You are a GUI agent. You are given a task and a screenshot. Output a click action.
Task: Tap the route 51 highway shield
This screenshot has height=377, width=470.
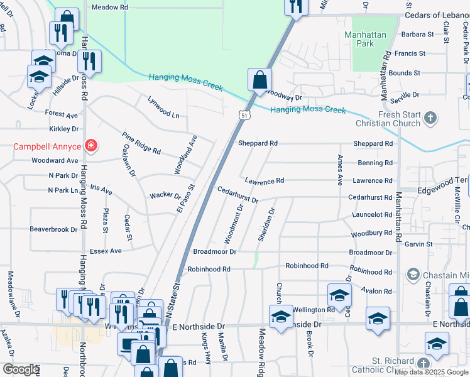click(x=244, y=114)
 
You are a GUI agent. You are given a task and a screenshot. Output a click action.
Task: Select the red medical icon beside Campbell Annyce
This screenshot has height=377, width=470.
click(x=91, y=146)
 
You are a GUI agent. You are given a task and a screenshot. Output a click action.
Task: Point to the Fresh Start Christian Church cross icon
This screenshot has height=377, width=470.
click(x=430, y=117)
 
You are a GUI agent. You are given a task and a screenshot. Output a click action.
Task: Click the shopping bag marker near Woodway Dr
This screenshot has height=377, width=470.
click(x=260, y=80)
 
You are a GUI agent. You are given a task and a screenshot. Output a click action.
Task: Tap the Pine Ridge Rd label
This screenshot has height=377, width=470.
click(x=141, y=143)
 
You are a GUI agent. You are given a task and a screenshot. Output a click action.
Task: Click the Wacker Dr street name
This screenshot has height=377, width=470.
click(x=165, y=195)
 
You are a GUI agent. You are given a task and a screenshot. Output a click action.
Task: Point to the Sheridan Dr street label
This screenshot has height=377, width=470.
click(x=267, y=224)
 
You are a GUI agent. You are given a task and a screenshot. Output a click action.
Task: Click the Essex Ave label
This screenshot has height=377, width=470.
click(x=107, y=251)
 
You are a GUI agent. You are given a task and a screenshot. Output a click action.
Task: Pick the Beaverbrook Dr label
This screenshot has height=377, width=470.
click(x=53, y=229)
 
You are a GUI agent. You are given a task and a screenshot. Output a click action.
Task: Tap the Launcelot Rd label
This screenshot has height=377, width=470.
click(x=372, y=214)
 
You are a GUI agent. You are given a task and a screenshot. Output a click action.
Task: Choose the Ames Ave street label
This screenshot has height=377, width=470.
click(x=340, y=170)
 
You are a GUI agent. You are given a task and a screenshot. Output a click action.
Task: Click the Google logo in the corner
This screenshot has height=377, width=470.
click(x=21, y=369)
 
